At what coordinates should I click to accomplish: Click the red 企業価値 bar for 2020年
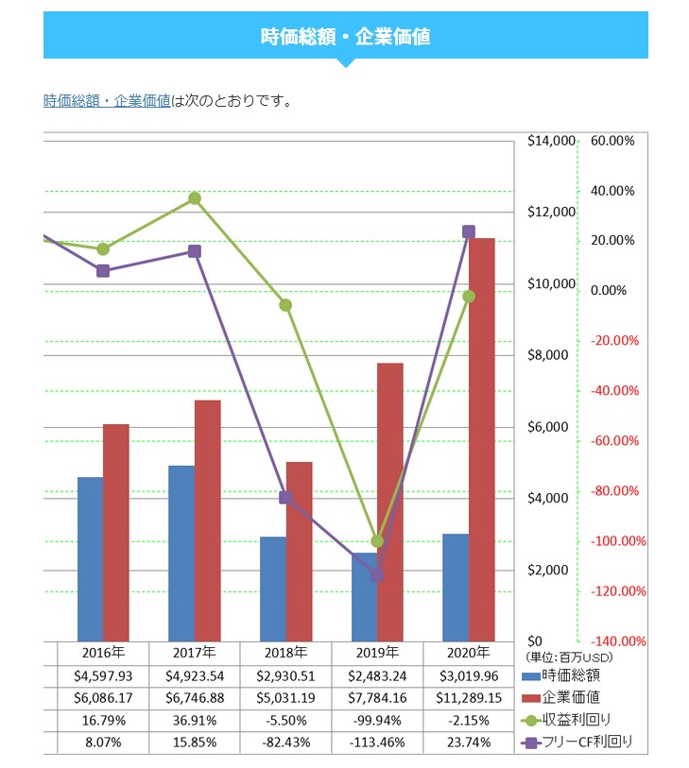[482, 439]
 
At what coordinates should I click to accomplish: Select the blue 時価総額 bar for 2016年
[91, 559]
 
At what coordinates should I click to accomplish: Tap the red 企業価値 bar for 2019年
[390, 502]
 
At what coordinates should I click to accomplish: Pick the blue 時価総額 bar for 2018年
[273, 589]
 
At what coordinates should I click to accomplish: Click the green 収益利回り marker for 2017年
[194, 198]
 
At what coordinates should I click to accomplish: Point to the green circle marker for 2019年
[377, 541]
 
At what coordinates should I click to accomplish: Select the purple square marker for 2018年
[285, 498]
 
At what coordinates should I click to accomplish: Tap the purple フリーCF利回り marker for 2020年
[468, 231]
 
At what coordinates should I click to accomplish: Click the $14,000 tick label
[551, 142]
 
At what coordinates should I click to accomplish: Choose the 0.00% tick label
[608, 291]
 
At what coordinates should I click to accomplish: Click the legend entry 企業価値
[572, 697]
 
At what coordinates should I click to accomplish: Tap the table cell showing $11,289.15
[469, 698]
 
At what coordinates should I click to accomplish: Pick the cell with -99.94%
[377, 721]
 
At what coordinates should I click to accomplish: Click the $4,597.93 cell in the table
[103, 675]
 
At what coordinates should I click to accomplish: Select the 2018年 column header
[285, 653]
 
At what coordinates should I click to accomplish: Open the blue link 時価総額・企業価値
[107, 101]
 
